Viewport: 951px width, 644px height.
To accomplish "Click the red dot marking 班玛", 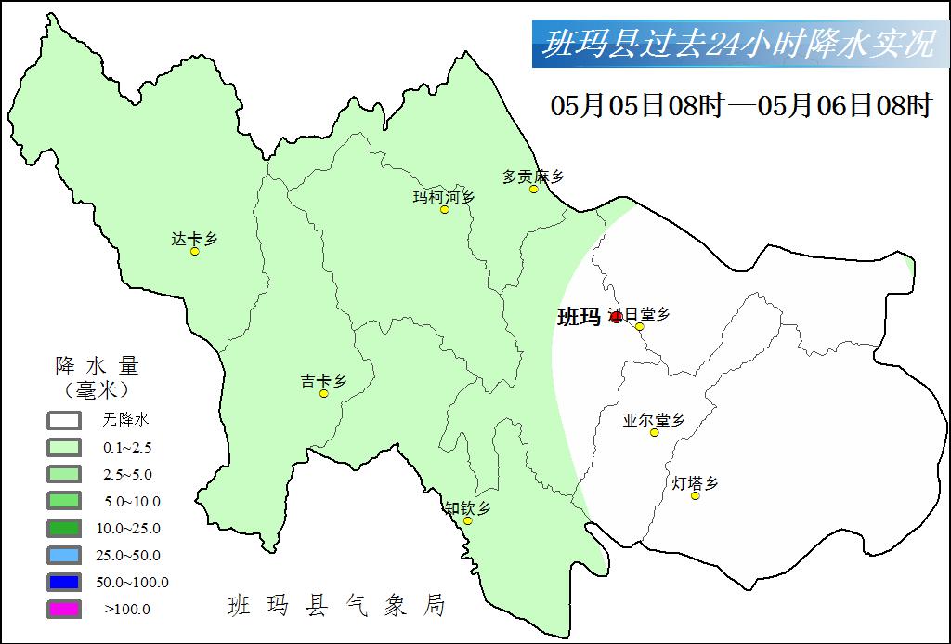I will pyautogui.click(x=616, y=317).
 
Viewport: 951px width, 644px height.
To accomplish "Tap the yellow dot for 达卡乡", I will pyautogui.click(x=195, y=252).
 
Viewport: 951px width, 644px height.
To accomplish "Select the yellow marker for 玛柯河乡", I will pyautogui.click(x=445, y=210).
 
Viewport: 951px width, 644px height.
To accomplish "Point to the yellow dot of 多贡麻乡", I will pyautogui.click(x=534, y=190).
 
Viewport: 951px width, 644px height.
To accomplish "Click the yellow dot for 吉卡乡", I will pyautogui.click(x=324, y=394).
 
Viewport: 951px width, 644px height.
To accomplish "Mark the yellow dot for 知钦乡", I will pyautogui.click(x=467, y=520).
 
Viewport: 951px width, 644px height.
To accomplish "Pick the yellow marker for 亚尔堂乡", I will pyautogui.click(x=655, y=433).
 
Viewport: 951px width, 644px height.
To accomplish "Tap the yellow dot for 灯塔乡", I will pyautogui.click(x=696, y=496).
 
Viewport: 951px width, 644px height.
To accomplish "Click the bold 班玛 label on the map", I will pyautogui.click(x=579, y=317).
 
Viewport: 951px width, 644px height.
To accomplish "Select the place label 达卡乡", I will pyautogui.click(x=194, y=239).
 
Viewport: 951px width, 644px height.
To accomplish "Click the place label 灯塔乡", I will pyautogui.click(x=696, y=483).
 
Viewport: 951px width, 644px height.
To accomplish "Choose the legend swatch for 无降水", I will pyautogui.click(x=64, y=420).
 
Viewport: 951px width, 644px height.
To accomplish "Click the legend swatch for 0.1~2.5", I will pyautogui.click(x=64, y=447).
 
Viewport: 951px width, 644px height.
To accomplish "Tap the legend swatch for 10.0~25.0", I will pyautogui.click(x=64, y=528).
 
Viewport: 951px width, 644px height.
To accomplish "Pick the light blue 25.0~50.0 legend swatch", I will pyautogui.click(x=64, y=556).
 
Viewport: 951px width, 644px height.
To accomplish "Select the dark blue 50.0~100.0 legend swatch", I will pyautogui.click(x=64, y=583).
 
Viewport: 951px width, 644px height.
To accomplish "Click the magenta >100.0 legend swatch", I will pyautogui.click(x=64, y=610).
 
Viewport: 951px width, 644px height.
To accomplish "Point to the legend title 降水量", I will pyautogui.click(x=97, y=365).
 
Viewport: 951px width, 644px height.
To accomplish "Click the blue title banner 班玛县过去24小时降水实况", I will pyautogui.click(x=738, y=45).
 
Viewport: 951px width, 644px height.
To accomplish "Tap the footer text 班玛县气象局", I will pyautogui.click(x=337, y=606).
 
